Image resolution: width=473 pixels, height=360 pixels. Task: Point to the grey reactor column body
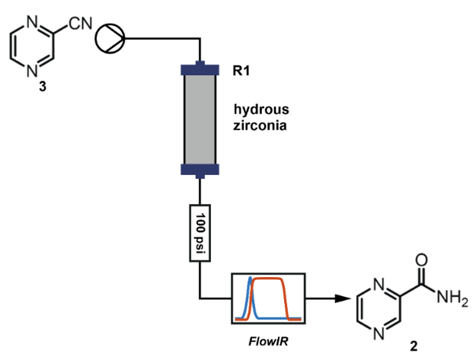(x=200, y=118)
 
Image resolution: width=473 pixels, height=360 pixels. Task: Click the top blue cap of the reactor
(x=200, y=70)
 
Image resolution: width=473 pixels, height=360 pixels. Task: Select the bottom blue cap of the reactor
(x=200, y=168)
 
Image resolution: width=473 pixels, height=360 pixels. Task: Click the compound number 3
(x=42, y=87)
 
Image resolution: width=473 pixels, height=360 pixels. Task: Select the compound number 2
(x=414, y=347)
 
